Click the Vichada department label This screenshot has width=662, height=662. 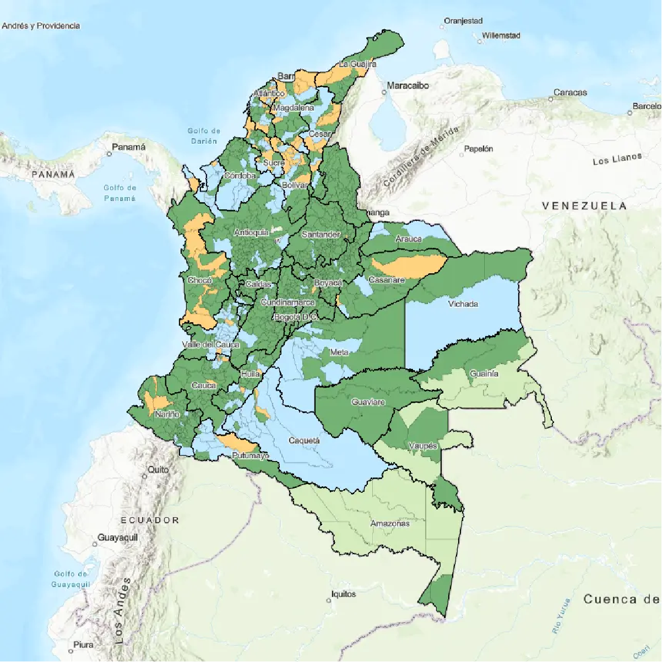pos(463,303)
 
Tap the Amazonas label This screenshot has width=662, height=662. pos(389,523)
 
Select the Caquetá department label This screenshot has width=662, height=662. pos(304,441)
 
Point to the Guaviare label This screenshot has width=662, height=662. pos(368,402)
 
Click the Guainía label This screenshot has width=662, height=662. pos(484,373)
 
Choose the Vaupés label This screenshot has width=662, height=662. pos(423,446)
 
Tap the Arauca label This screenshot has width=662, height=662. pos(408,238)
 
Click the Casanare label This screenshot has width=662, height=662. pos(386,280)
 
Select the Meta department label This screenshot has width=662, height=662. pos(339,352)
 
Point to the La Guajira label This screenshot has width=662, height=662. pos(357,64)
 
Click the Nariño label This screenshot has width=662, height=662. pos(167,414)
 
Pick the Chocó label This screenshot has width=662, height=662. pos(199,280)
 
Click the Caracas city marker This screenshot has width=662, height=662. pos(550,99)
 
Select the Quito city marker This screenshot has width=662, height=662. pos(145,476)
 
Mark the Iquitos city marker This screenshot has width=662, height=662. pos(329,600)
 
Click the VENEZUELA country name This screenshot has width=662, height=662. pos(584,205)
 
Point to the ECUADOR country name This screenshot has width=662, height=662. pos(150,520)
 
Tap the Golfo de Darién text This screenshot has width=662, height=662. pos(204,135)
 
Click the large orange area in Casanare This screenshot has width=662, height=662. pos(410,265)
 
